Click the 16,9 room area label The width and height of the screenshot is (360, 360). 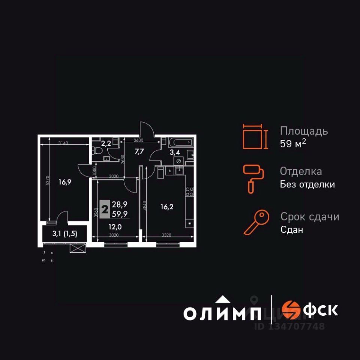pyautogui.click(x=64, y=183)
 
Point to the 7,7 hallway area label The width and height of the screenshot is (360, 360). pyautogui.click(x=139, y=151)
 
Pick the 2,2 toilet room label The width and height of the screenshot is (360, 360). pyautogui.click(x=106, y=143)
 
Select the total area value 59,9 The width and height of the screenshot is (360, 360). pyautogui.click(x=120, y=214)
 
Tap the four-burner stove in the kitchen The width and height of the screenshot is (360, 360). pyautogui.click(x=189, y=192)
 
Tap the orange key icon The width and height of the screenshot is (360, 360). pyautogui.click(x=256, y=222)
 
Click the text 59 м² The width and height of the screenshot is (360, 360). pyautogui.click(x=293, y=144)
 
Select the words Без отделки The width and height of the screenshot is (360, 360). pyautogui.click(x=307, y=184)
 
